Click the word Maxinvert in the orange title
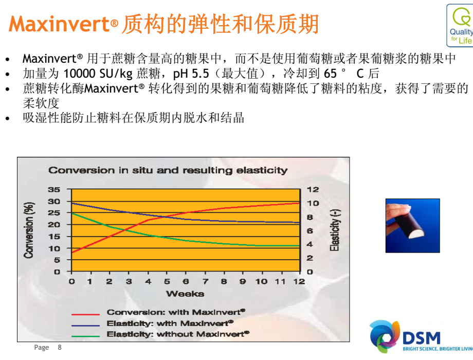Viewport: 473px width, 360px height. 60,24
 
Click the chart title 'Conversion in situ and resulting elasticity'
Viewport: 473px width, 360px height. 168,170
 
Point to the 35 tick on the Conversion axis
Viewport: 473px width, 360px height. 54,189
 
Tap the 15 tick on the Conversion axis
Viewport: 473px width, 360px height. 54,237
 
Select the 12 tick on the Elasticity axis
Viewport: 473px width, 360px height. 313,189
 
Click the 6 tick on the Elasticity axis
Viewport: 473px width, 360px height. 310,231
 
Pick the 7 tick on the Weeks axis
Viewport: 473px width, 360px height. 206,281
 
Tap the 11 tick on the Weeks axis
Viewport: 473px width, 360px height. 280,281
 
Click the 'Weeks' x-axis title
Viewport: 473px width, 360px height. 185,294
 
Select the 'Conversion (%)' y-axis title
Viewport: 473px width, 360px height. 29,230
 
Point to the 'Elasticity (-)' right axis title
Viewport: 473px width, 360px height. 335,230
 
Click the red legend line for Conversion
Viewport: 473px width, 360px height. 85,314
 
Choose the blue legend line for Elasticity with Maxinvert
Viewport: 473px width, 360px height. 85,326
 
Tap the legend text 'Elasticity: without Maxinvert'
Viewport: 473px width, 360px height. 178,334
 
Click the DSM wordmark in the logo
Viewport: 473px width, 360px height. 422,338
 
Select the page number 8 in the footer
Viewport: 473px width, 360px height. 60,347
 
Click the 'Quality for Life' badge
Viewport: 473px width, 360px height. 460,26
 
